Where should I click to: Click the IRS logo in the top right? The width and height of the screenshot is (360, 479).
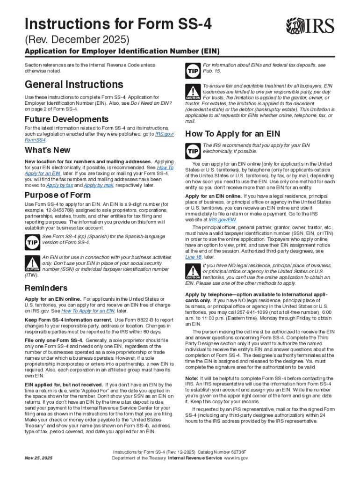pyautogui.click(x=310, y=25)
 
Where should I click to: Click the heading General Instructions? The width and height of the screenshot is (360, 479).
pyautogui.click(x=74, y=85)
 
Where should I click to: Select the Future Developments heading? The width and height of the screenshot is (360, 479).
pyautogui.click(x=66, y=119)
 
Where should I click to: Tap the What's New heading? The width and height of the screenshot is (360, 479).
pyautogui.click(x=47, y=150)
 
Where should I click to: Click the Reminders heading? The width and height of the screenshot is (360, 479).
pyautogui.click(x=46, y=288)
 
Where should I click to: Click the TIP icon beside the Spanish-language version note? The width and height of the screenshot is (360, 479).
pyautogui.click(x=32, y=241)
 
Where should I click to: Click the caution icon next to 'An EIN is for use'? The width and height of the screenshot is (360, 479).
pyautogui.click(x=32, y=264)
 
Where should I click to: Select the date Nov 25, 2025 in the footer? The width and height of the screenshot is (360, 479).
pyautogui.click(x=39, y=458)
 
